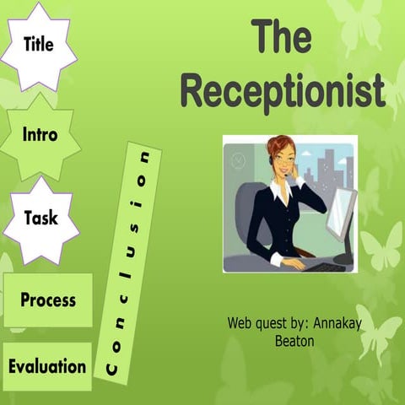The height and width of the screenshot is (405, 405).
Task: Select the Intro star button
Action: [40, 135]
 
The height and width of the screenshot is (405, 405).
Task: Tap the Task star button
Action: [40, 219]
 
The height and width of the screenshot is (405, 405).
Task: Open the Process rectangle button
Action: [48, 300]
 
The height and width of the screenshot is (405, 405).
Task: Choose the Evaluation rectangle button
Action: [47, 366]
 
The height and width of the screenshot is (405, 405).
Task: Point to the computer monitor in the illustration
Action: [343, 215]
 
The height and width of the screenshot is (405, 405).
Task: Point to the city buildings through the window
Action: [325, 173]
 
